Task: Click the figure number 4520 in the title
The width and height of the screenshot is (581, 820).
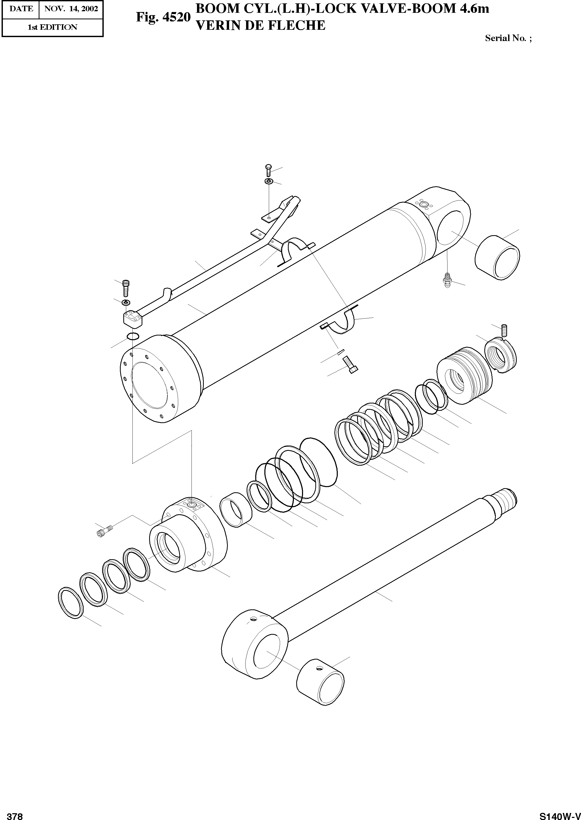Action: click(x=175, y=18)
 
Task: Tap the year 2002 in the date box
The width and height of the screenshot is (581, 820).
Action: click(x=89, y=9)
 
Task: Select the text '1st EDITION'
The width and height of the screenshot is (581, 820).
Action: click(x=52, y=27)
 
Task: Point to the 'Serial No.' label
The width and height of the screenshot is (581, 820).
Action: click(x=505, y=38)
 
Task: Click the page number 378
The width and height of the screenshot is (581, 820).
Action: click(x=15, y=814)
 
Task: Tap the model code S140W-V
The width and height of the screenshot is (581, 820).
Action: click(x=560, y=814)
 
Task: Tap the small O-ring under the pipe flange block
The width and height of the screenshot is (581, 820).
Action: click(x=133, y=336)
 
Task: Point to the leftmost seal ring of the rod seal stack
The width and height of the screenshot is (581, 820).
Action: click(x=71, y=603)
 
